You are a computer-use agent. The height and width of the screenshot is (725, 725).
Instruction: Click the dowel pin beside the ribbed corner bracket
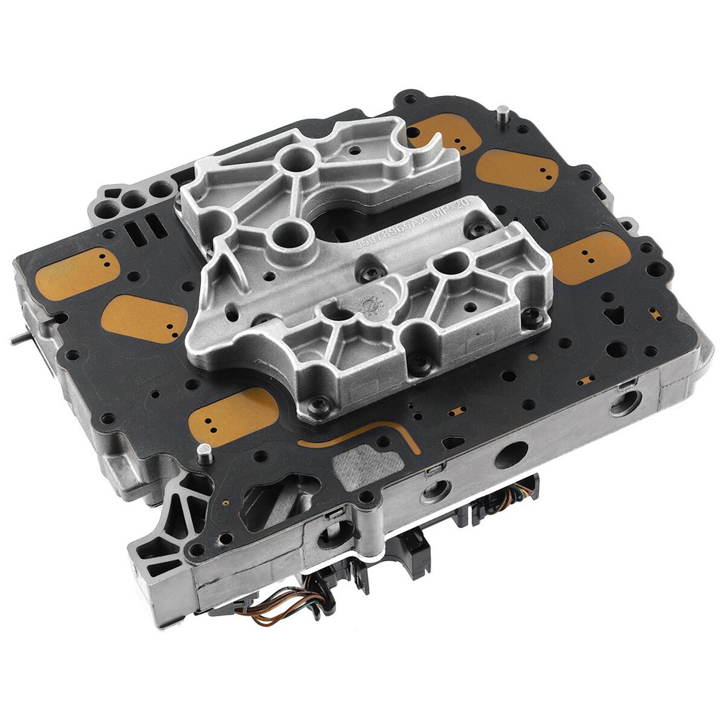click(203, 454)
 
